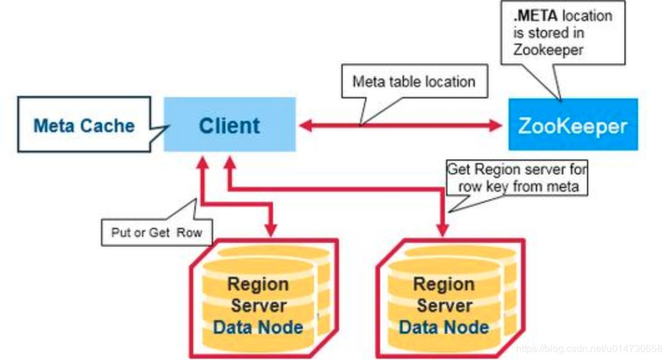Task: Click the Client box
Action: click(229, 125)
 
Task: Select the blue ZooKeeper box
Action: click(573, 125)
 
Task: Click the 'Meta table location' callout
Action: click(414, 82)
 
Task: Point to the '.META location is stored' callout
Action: click(562, 32)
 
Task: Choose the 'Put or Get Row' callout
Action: click(157, 232)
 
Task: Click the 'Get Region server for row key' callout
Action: click(517, 178)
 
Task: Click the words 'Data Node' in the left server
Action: click(258, 326)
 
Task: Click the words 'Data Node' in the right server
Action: click(444, 326)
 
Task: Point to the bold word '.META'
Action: click(535, 16)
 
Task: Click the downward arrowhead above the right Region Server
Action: click(444, 230)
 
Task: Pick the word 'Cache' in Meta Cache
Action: click(109, 125)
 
